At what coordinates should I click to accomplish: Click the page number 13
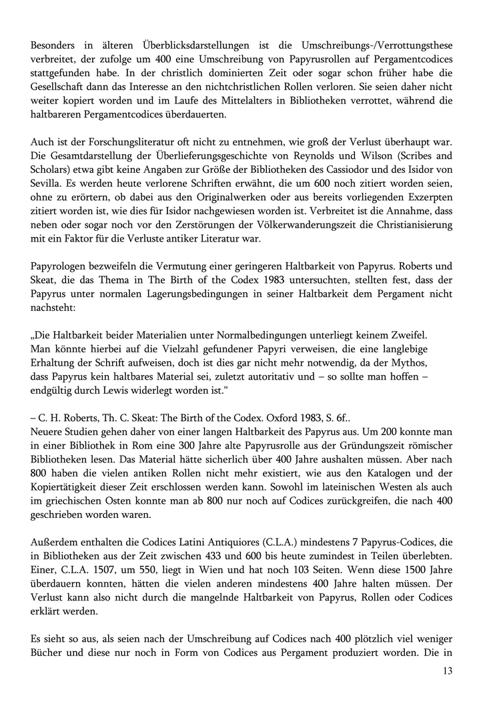coord(447,671)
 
